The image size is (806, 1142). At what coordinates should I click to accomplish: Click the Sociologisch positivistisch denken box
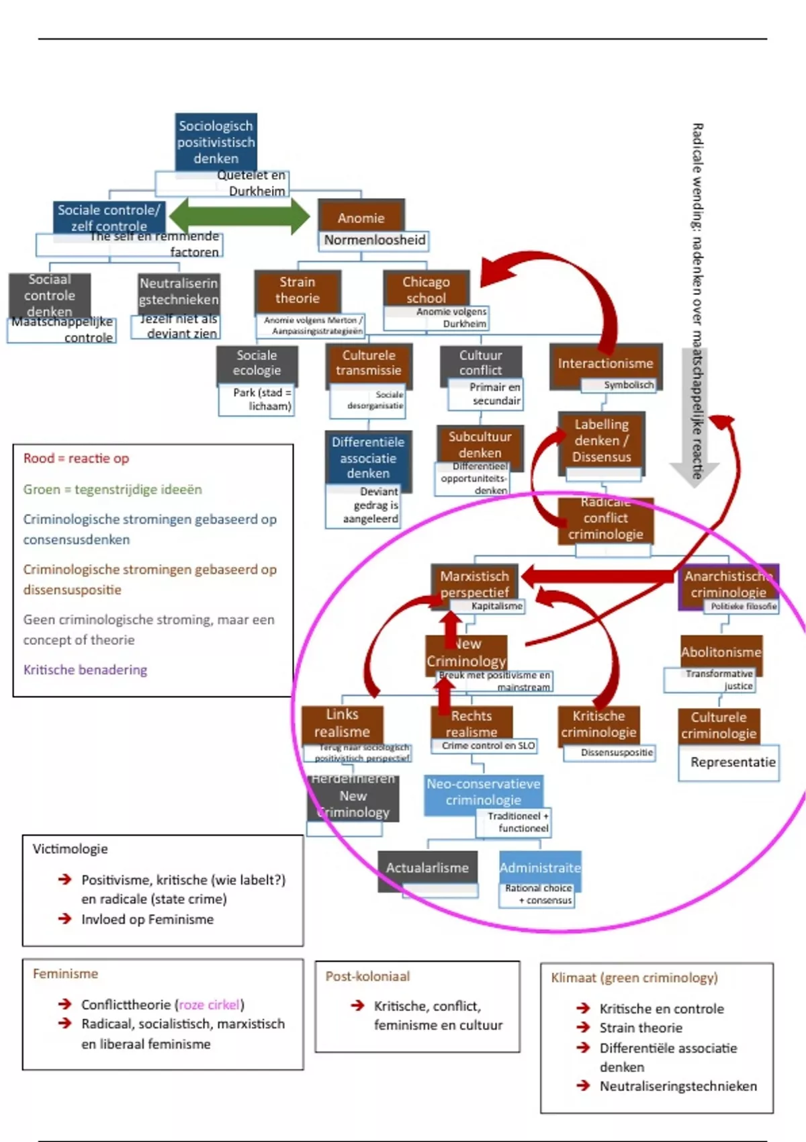pos(216,142)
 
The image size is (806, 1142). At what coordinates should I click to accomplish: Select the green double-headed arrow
pos(239,217)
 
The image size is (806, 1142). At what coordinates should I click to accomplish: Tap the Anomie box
pos(361,218)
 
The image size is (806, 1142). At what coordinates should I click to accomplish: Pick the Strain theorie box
pos(298,290)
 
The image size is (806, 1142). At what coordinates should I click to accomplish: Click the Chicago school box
pos(426,290)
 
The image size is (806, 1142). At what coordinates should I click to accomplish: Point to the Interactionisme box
pos(605,363)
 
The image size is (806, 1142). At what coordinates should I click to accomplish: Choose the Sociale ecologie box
pos(257,363)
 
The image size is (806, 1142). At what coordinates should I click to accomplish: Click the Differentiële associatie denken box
pos(367,457)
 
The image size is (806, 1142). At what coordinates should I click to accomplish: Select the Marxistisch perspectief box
pos(474,583)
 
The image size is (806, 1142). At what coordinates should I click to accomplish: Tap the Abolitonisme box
pos(721,652)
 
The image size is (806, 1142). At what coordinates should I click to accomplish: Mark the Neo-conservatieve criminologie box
pos(483,792)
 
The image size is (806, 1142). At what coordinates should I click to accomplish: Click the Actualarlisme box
pos(427,868)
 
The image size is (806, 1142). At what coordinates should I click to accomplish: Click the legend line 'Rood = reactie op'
pos(76,458)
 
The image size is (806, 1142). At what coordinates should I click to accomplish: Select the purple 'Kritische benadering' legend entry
pos(85,670)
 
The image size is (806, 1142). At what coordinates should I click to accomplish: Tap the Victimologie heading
pos(70,849)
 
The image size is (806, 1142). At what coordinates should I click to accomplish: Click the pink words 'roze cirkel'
pos(209,1005)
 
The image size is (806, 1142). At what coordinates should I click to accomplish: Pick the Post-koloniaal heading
pos(367,977)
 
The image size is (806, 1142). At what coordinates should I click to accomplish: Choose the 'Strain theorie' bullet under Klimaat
pos(641,1028)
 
